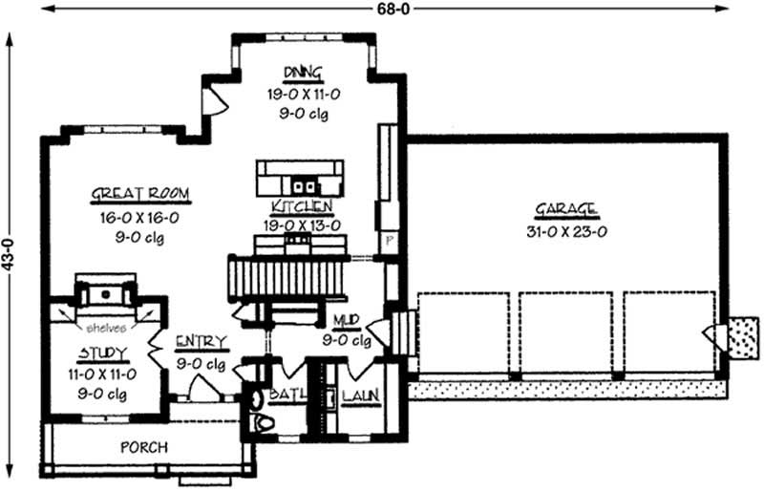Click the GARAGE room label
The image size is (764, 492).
point(565,208)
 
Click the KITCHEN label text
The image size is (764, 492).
point(301,206)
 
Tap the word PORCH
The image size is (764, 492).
point(144,447)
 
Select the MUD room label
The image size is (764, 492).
point(345,321)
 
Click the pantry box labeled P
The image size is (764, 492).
point(389,241)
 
